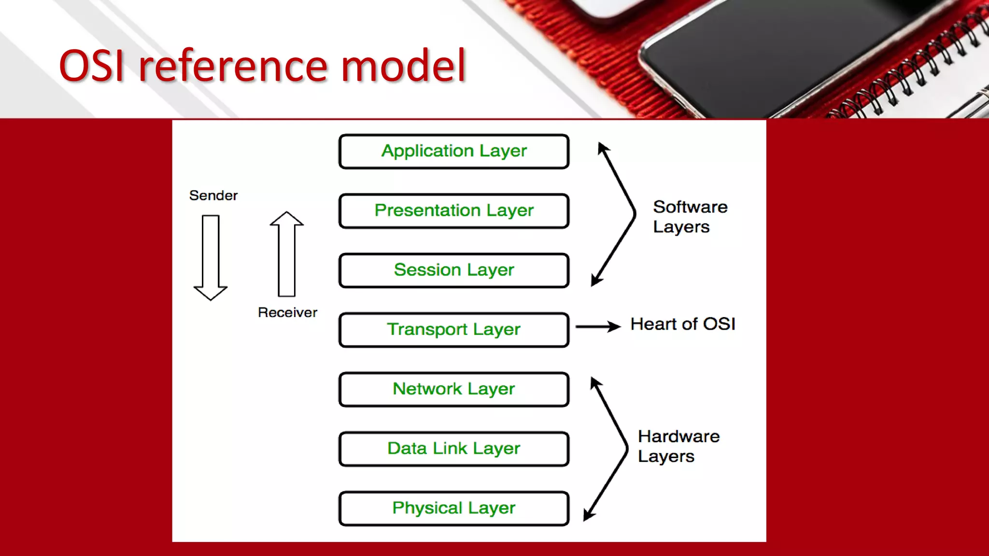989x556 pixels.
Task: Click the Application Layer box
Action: click(x=454, y=152)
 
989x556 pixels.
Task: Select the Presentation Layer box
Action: click(x=454, y=211)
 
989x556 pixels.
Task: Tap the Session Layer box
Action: click(x=454, y=270)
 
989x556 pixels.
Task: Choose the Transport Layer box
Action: click(x=454, y=330)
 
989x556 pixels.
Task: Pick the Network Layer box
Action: click(x=454, y=389)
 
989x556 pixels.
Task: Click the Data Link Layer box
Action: click(x=454, y=449)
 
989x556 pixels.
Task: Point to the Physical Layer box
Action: click(x=454, y=508)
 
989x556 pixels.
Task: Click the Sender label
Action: click(x=213, y=195)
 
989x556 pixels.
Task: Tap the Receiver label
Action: click(x=287, y=312)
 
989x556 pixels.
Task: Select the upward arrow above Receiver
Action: click(x=286, y=254)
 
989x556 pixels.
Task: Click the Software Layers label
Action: click(x=690, y=217)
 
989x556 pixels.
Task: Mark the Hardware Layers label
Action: click(x=678, y=446)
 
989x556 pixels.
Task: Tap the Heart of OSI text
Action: click(x=682, y=324)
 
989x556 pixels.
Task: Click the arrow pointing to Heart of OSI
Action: click(x=598, y=327)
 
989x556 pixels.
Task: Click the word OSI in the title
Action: click(x=92, y=66)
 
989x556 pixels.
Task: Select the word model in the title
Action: click(x=403, y=66)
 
